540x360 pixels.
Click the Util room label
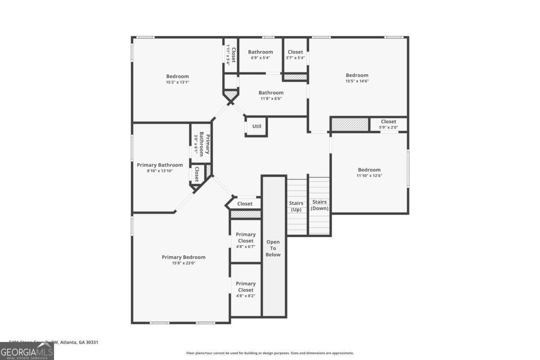pyautogui.click(x=256, y=126)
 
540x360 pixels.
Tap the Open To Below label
pyautogui.click(x=273, y=248)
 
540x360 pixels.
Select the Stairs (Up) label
pyautogui.click(x=296, y=206)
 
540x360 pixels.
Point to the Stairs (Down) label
pyautogui.click(x=319, y=205)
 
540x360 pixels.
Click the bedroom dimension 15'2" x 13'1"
pyautogui.click(x=177, y=82)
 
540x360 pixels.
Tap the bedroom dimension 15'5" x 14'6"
pyautogui.click(x=357, y=81)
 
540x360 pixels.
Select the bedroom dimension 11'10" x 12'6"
pyautogui.click(x=369, y=175)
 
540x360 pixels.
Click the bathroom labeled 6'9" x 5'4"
pyautogui.click(x=260, y=55)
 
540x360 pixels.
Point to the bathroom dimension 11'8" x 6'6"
pyautogui.click(x=271, y=99)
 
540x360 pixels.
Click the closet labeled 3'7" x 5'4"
pyautogui.click(x=295, y=55)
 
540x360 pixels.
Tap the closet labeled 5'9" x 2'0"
pyautogui.click(x=388, y=124)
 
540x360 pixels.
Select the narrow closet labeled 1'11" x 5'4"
pyautogui.click(x=231, y=55)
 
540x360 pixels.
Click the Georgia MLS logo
pyautogui.click(x=27, y=351)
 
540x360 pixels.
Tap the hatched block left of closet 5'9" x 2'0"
pyautogui.click(x=350, y=124)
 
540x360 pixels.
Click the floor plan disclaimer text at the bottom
pyautogui.click(x=270, y=353)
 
